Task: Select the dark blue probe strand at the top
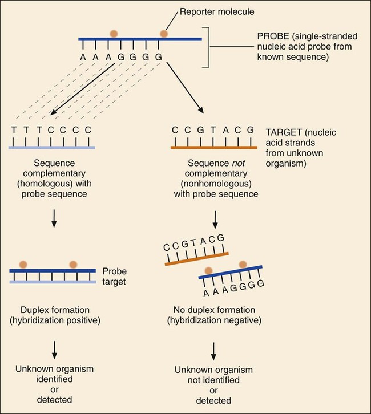140,40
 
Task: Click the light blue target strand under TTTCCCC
52,147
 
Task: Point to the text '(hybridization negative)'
213,320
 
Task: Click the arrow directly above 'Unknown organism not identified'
213,350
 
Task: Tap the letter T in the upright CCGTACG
214,130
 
